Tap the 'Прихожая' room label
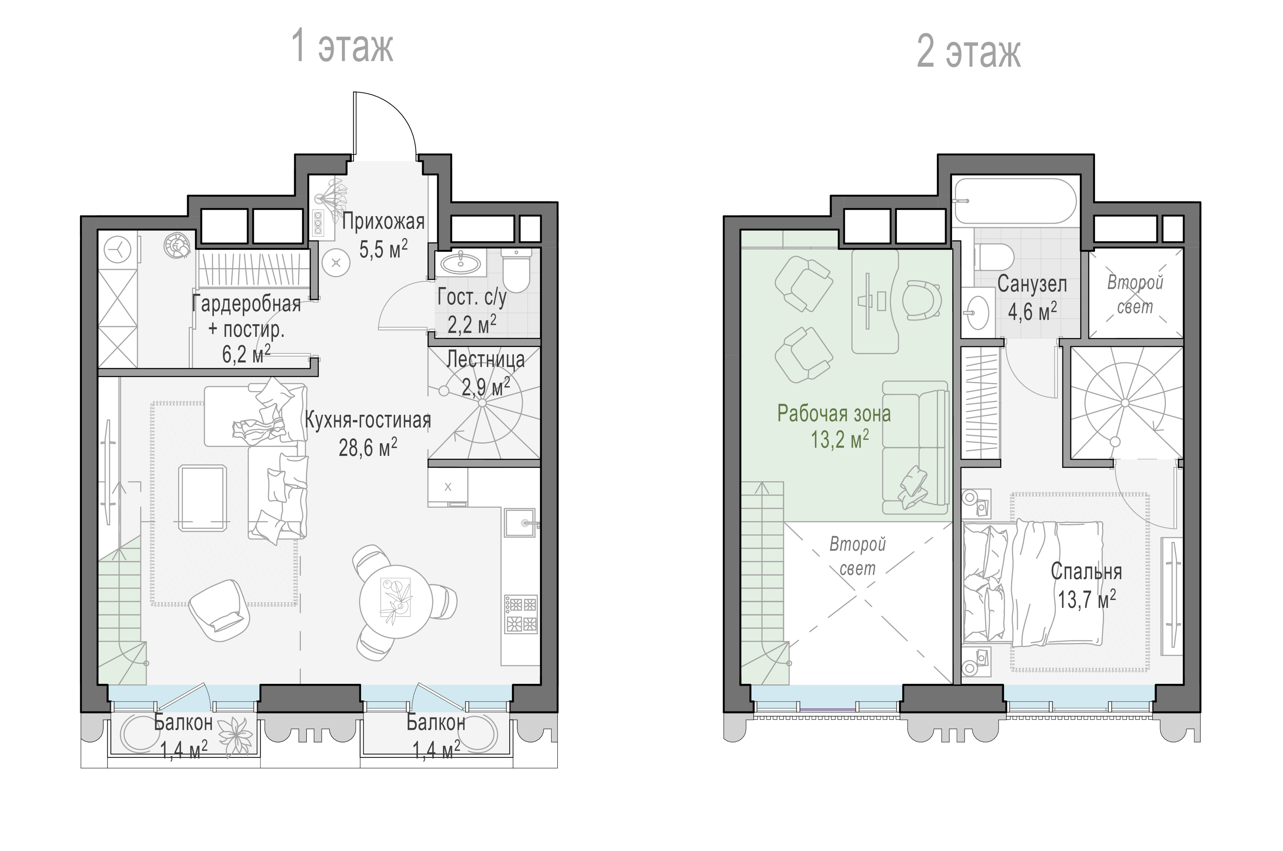(383, 222)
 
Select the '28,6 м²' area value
(368, 448)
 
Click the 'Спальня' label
(1086, 572)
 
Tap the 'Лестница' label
(486, 359)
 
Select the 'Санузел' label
(1032, 285)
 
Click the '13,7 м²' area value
(1086, 600)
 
